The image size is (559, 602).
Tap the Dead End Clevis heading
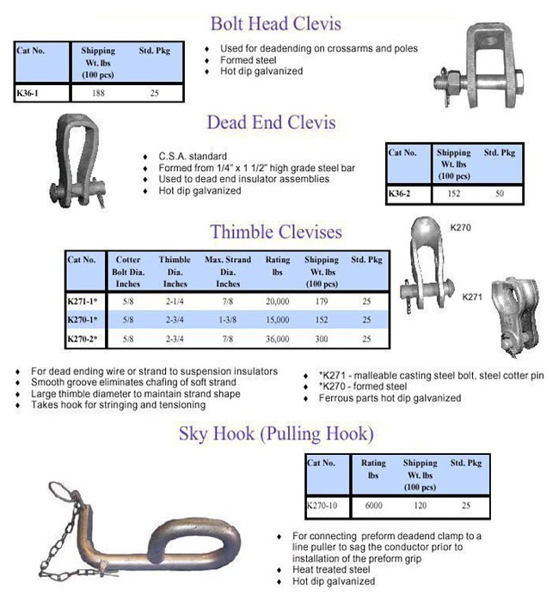pos(271,122)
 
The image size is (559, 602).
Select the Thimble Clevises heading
pos(275,232)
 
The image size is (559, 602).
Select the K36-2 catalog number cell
pos(399,193)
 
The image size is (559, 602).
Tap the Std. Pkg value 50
pos(499,193)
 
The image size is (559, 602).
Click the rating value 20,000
pos(277,302)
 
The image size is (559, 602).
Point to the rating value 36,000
pos(277,339)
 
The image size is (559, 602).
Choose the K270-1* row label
pos(83,320)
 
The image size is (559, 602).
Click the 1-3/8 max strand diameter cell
pos(228,320)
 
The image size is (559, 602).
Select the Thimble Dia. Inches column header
pos(175,270)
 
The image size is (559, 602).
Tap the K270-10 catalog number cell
pos(323,506)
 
